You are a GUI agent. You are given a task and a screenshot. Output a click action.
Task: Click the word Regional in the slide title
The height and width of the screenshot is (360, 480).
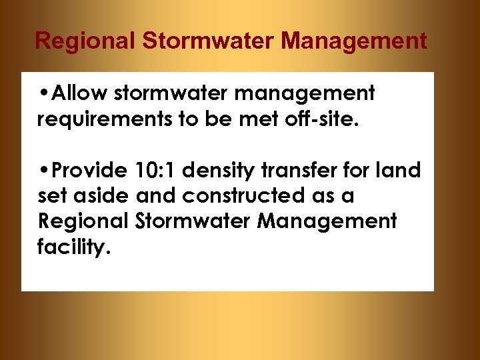[85, 41]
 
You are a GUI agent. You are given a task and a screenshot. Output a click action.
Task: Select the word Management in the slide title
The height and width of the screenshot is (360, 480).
[354, 41]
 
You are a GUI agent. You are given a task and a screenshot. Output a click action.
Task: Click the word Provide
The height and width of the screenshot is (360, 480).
[89, 171]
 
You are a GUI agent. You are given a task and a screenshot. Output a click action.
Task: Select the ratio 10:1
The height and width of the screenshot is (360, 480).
[155, 171]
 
